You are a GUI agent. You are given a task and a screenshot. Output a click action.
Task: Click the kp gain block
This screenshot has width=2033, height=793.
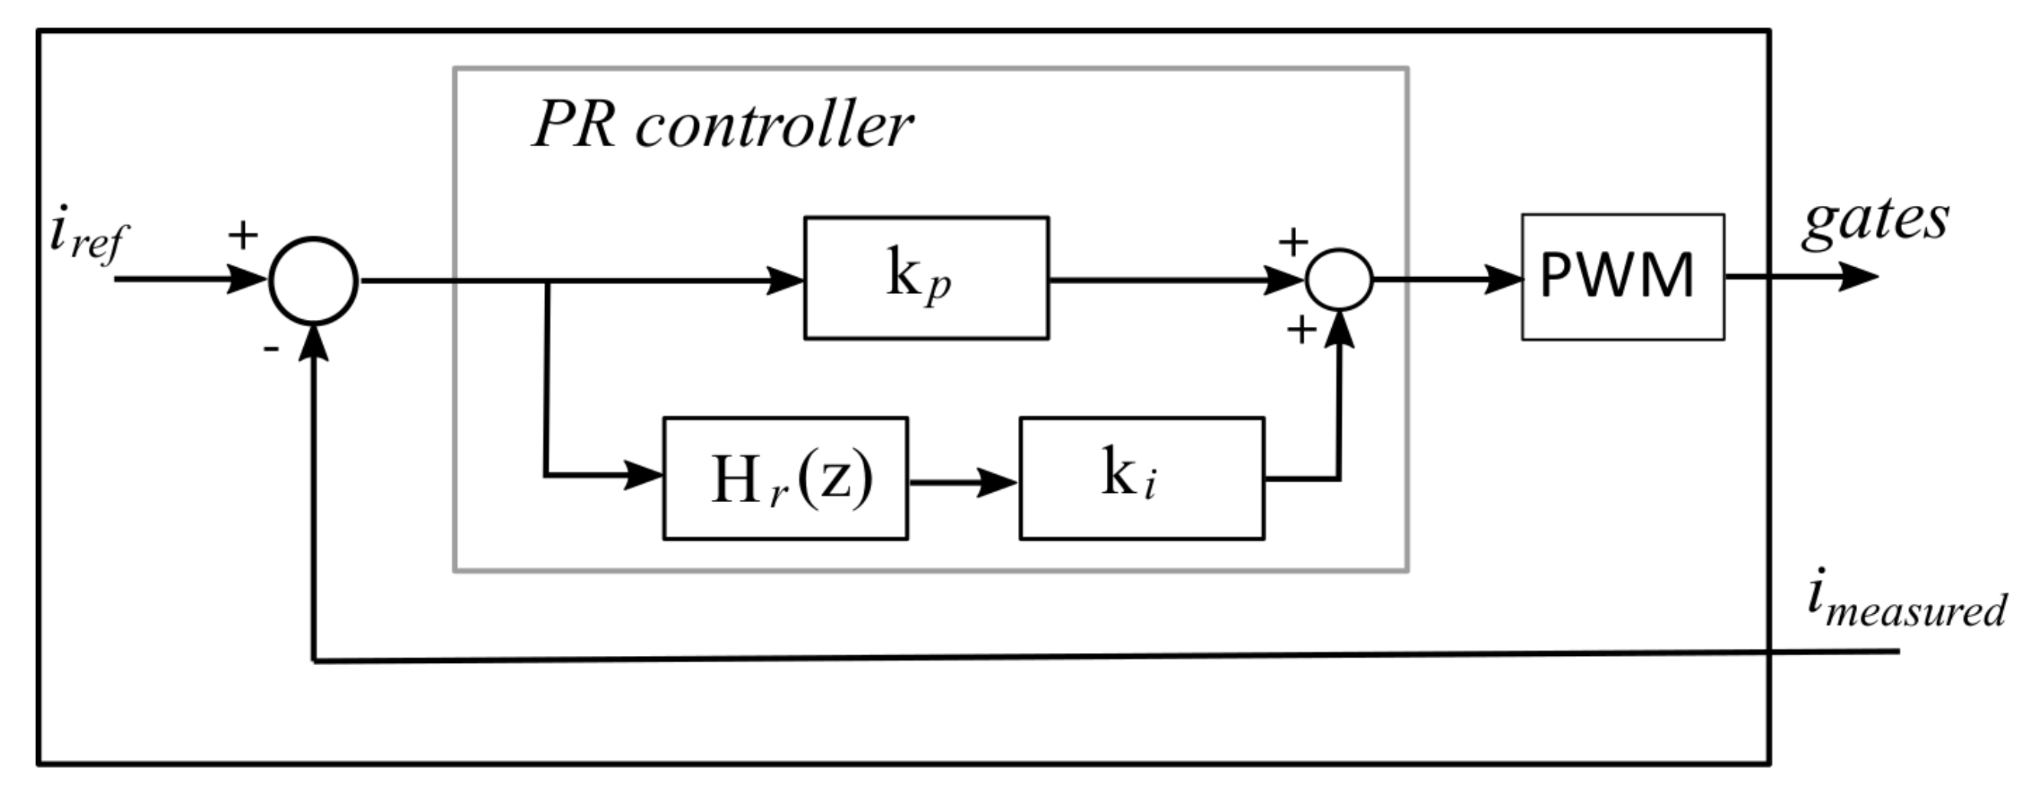pyautogui.click(x=925, y=278)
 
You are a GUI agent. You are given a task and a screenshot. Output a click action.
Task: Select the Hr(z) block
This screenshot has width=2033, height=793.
pyautogui.click(x=785, y=478)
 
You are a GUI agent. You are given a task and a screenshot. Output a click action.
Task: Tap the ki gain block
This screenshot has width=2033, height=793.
pyautogui.click(x=1141, y=478)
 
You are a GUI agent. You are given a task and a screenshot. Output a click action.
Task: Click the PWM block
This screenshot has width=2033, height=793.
pyautogui.click(x=1622, y=276)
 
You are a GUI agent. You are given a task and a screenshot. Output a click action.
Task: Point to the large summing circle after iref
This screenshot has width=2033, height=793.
pyautogui.click(x=313, y=280)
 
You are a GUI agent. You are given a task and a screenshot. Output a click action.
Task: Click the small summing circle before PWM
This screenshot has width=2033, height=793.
pyautogui.click(x=1340, y=279)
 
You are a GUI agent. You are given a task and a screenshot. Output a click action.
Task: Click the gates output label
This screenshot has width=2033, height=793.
pyautogui.click(x=1875, y=221)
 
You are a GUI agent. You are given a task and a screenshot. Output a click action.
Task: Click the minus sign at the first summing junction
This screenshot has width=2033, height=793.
pyautogui.click(x=271, y=348)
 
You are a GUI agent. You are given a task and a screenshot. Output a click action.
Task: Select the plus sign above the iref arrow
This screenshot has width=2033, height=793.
pyautogui.click(x=243, y=234)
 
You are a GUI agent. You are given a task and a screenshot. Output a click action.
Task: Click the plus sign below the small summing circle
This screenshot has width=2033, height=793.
pyautogui.click(x=1301, y=329)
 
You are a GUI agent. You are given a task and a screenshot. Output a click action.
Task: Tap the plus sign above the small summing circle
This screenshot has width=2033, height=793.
pyautogui.click(x=1293, y=241)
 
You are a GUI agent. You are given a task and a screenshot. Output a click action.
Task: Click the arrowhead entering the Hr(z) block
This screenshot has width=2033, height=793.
pyautogui.click(x=642, y=475)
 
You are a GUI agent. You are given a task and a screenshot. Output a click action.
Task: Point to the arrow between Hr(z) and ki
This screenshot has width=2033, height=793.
pyautogui.click(x=963, y=481)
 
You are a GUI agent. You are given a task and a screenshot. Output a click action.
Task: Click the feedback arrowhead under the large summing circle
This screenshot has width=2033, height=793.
pyautogui.click(x=314, y=344)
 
